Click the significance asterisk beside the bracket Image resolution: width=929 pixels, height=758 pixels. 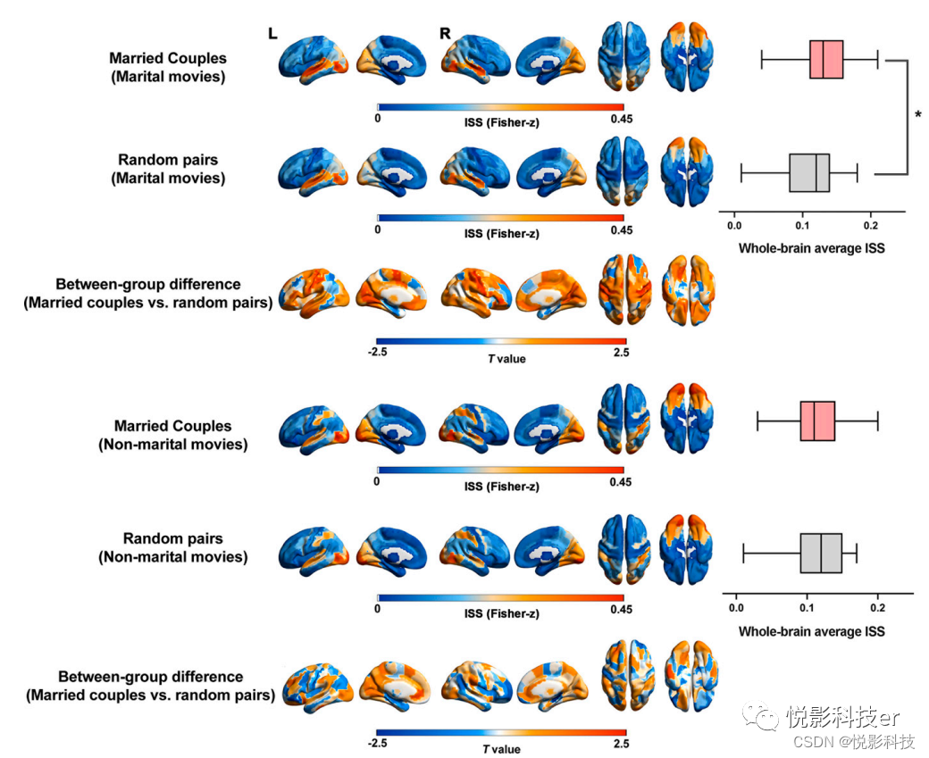tap(917, 113)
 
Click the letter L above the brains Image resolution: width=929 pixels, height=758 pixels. tap(273, 34)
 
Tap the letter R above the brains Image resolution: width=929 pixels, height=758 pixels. tap(445, 34)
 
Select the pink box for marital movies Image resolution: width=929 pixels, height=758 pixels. tap(826, 60)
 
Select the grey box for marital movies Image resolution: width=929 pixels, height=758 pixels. tap(809, 172)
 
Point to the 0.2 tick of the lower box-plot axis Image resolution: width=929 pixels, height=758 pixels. tap(877, 609)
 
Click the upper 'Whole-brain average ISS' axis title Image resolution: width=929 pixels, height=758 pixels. tap(811, 248)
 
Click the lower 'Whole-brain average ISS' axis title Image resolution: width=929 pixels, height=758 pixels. tap(811, 631)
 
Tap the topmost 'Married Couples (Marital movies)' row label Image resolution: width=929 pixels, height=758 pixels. tap(168, 67)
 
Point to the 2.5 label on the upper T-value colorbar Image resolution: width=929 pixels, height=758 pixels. tap(621, 353)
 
